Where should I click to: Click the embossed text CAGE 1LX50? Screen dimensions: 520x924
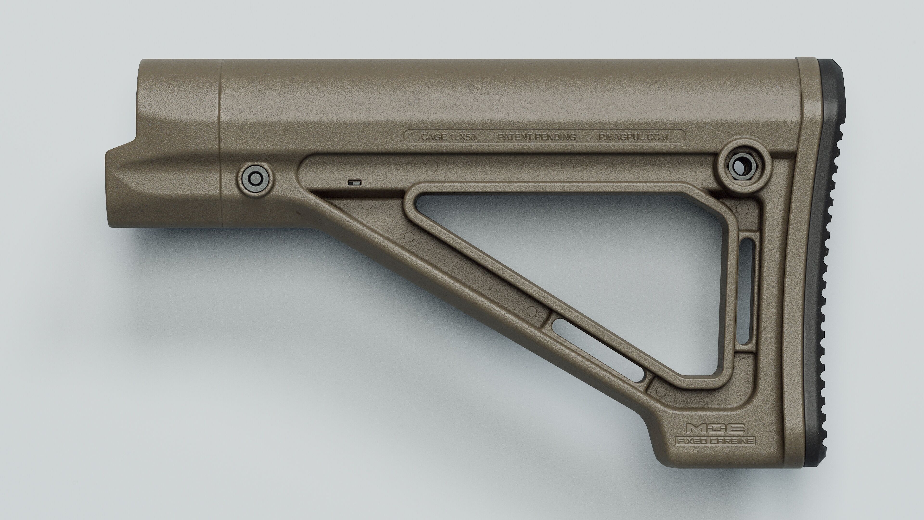point(448,137)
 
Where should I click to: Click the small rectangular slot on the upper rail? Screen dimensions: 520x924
point(355,182)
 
